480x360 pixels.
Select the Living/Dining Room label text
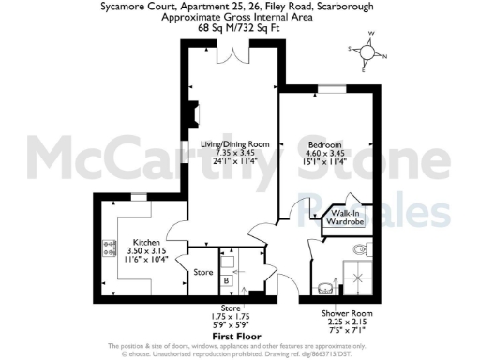pyautogui.click(x=235, y=144)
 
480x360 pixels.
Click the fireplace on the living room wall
pyautogui.click(x=195, y=114)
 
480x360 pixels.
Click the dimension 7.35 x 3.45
pyautogui.click(x=235, y=153)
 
